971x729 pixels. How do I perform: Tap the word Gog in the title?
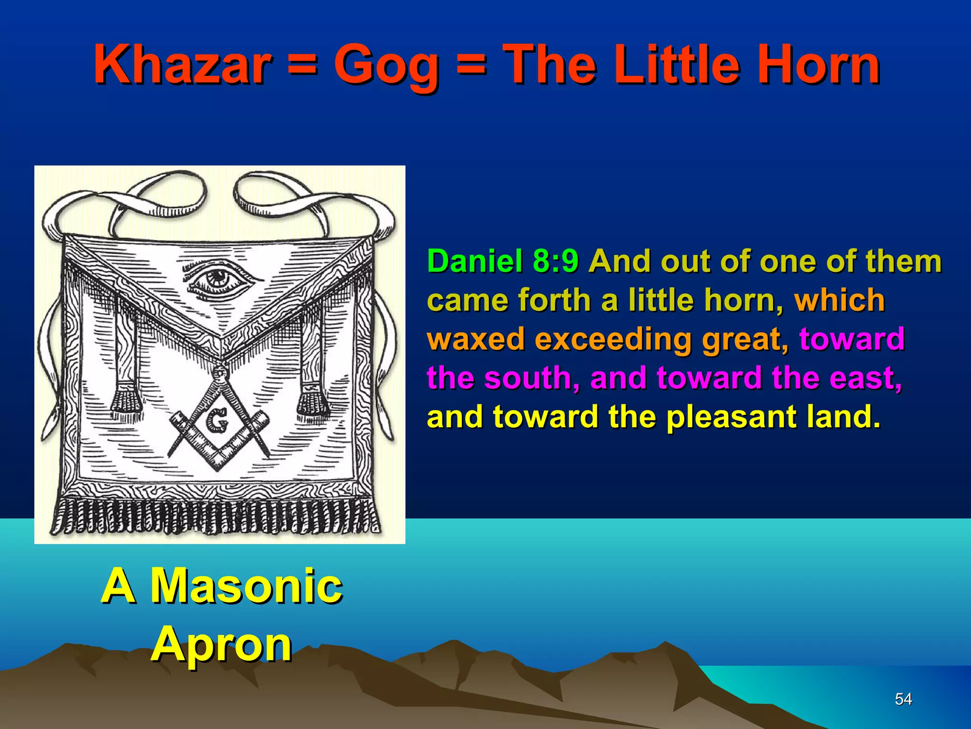386,66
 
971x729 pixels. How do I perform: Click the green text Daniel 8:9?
503,262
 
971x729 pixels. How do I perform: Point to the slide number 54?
903,699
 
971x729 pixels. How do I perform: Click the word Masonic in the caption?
247,586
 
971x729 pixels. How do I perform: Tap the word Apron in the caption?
221,645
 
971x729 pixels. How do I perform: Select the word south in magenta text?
531,378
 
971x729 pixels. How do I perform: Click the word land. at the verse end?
843,416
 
